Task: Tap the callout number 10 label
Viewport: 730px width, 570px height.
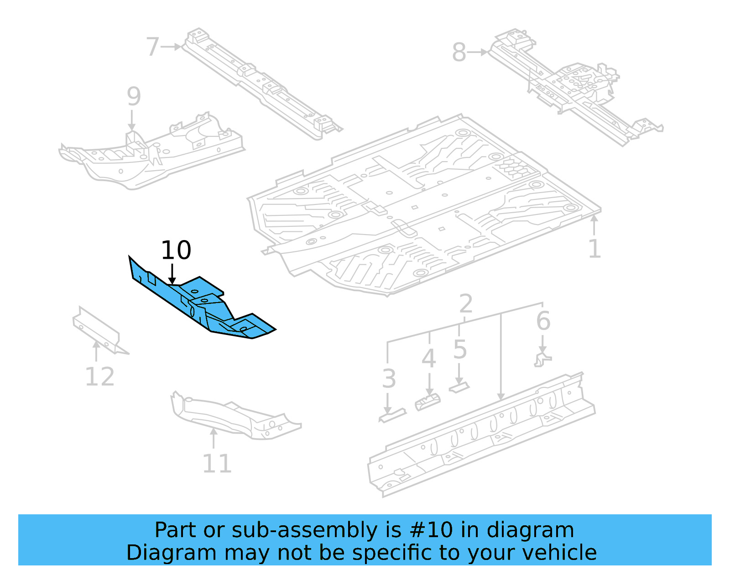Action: point(176,251)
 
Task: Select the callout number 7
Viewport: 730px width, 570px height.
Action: point(152,47)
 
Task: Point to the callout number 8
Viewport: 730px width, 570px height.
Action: point(459,52)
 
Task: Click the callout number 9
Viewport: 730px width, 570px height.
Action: point(133,96)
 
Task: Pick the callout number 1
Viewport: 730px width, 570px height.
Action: point(594,249)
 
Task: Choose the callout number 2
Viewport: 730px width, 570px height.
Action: point(465,303)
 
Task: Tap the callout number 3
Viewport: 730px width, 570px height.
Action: point(389,379)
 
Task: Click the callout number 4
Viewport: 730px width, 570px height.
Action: point(428,359)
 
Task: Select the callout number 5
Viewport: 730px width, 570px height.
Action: point(460,350)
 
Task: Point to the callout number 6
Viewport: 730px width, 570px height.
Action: point(543,321)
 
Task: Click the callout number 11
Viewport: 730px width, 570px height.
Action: point(217,464)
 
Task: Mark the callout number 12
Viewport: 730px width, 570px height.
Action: point(99,377)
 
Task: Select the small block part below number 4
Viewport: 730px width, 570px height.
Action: point(428,402)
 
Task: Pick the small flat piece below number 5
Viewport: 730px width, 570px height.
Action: point(459,387)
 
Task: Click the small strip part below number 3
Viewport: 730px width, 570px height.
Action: point(392,416)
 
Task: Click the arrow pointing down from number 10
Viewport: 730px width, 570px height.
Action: point(172,274)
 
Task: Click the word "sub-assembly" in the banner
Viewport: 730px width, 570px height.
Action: point(304,530)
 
